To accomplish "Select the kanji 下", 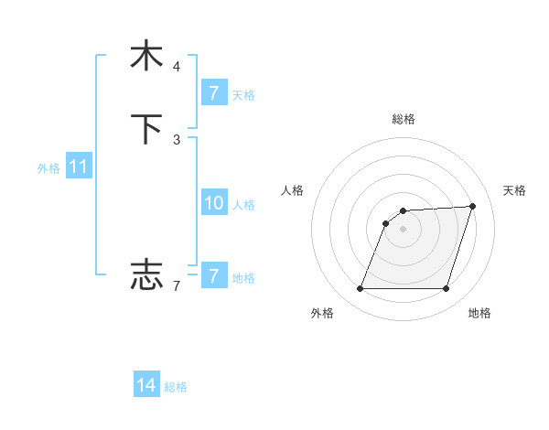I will pos(146,129).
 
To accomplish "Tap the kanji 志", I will pos(146,274).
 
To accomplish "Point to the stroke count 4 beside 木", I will pos(177,67).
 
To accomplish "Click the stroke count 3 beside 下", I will pos(177,139).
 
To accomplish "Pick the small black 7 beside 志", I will pos(177,286).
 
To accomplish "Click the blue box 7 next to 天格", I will pos(213,93).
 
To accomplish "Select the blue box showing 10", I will pos(213,203).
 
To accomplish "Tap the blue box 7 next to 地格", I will pos(213,276).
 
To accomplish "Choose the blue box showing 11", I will pos(79,167).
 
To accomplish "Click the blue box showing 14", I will pos(146,386).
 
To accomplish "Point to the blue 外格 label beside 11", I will pos(48,168).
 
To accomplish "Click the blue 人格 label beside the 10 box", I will pos(243,205).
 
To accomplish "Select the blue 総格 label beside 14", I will pos(176,388).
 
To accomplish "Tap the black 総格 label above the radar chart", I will pos(404,119).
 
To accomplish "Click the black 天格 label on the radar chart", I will pos(514,190).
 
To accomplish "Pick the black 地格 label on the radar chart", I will pos(479,313).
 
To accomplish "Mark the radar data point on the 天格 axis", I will pos(473,206).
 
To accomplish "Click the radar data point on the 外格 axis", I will pos(361,289).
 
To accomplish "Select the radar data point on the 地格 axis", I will pos(446,289).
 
